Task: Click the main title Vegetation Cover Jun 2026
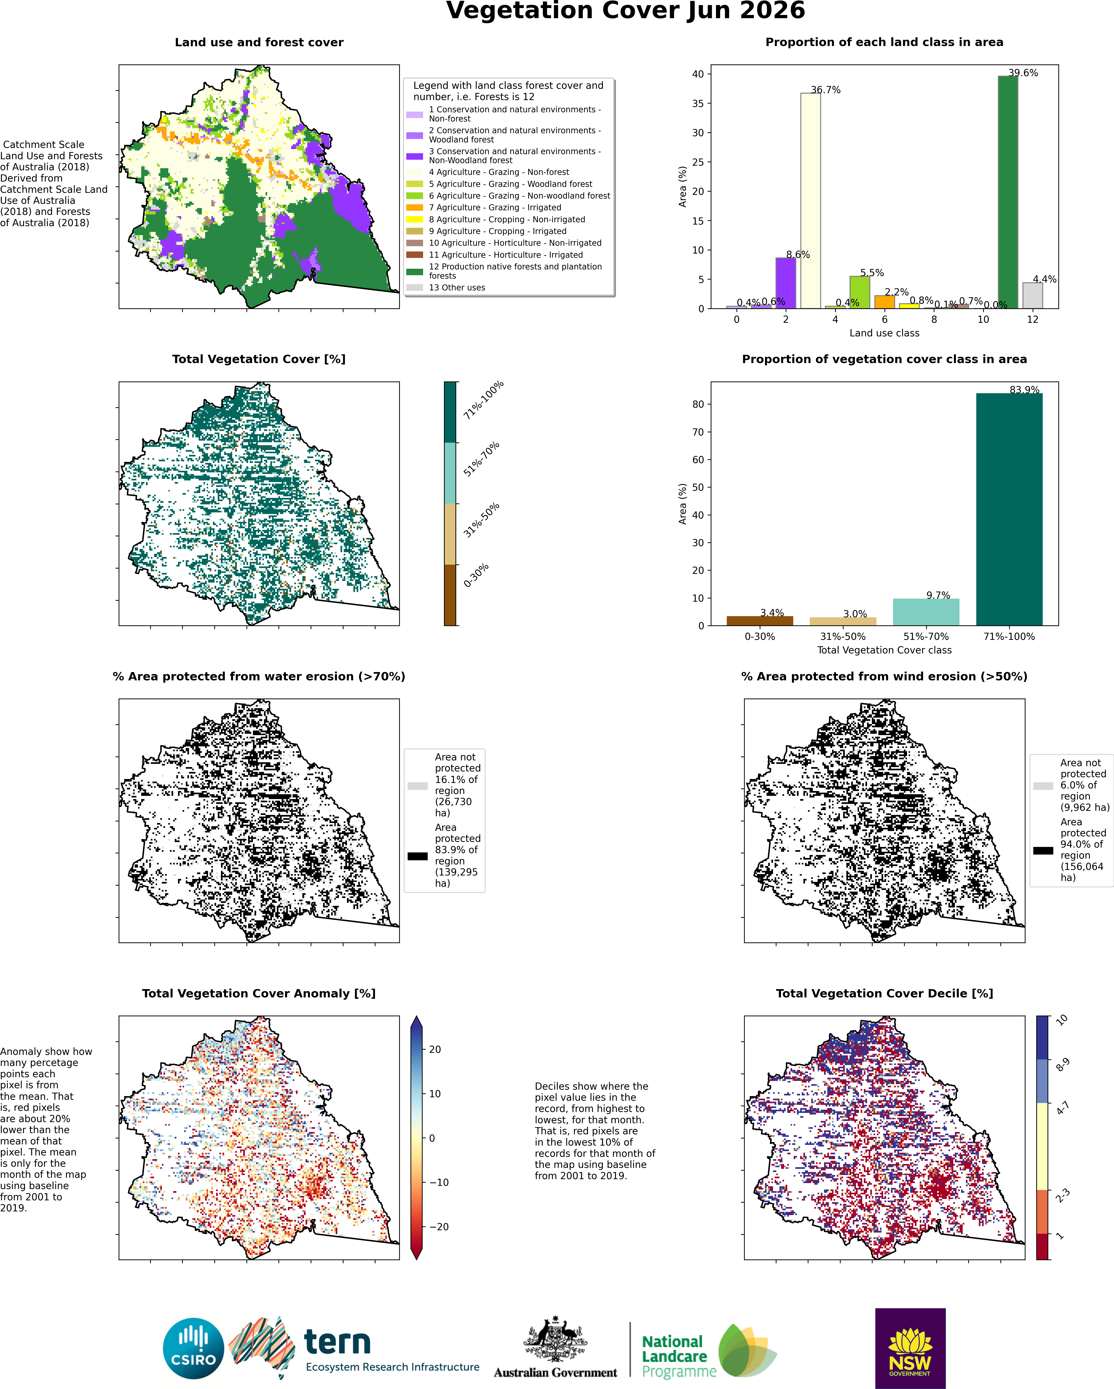625,11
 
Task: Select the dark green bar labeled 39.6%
1008,192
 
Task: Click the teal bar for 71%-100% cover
1009,509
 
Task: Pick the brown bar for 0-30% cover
760,620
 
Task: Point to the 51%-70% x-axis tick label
926,636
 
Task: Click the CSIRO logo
193,1349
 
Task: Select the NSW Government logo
910,1348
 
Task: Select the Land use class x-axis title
884,333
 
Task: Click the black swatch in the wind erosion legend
1043,850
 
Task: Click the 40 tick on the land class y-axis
698,74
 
